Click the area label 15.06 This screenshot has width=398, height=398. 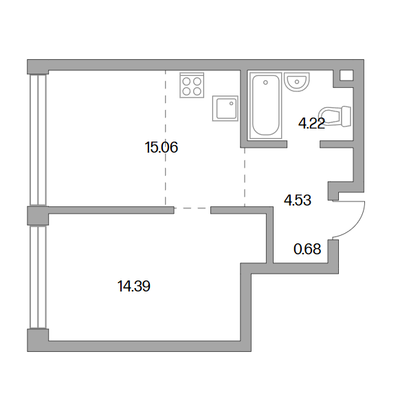[x=162, y=147]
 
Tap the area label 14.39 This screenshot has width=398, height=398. [x=134, y=286]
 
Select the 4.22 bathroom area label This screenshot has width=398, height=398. [x=311, y=124]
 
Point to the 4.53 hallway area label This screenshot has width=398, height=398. [x=298, y=200]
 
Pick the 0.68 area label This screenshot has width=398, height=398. [x=307, y=249]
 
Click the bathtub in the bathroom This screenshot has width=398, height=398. [x=265, y=106]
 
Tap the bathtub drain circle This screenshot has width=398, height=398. [x=265, y=82]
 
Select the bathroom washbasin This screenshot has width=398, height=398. [x=297, y=82]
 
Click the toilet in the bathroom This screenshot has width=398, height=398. [x=335, y=116]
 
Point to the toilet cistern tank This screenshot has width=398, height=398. [x=346, y=116]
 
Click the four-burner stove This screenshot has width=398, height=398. [x=192, y=85]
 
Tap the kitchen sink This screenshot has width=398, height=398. [x=225, y=109]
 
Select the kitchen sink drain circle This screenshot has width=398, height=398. [x=231, y=103]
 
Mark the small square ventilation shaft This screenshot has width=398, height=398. [x=346, y=76]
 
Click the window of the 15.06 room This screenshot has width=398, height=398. [x=38, y=140]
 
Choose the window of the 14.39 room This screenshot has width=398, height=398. [x=38, y=277]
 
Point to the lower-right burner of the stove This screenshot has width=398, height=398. [x=197, y=91]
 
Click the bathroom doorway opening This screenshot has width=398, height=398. [x=303, y=144]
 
